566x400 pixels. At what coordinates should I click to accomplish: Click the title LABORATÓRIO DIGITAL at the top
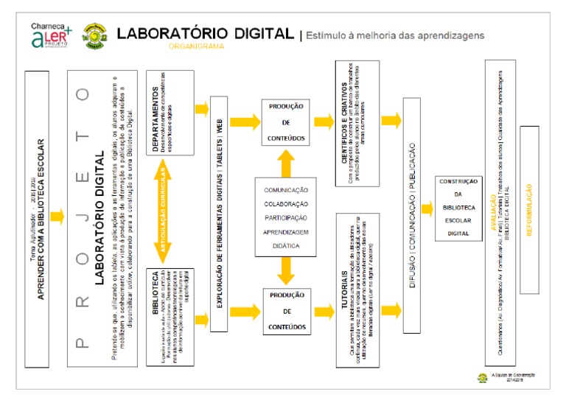click(206, 33)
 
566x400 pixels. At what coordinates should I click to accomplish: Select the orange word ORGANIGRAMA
click(195, 46)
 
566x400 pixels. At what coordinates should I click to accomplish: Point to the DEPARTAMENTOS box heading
click(155, 110)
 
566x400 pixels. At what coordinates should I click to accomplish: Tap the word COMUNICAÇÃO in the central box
click(287, 191)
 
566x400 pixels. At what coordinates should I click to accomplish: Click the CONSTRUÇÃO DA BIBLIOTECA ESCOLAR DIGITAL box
click(458, 208)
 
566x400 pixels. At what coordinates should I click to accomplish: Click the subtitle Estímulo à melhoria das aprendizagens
click(394, 35)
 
